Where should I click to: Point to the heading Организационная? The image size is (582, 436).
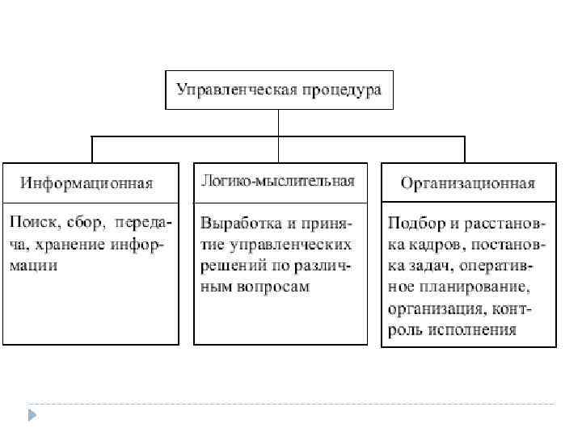pos(468,182)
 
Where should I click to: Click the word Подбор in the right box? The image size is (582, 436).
pos(412,221)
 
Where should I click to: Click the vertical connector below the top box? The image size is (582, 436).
pos(279,124)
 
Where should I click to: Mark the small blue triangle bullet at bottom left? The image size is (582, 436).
pos(32,415)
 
